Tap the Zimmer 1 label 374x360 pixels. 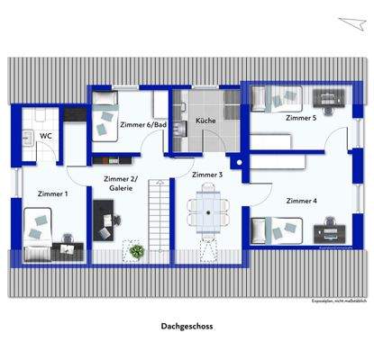coord(51,193)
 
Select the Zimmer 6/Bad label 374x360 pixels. coord(142,126)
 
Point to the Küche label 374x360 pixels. coord(205,120)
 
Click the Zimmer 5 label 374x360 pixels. coord(301,118)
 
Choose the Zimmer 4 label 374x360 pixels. coord(301,201)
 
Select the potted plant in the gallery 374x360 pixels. coord(137,251)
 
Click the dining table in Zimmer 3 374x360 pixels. coord(208,211)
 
